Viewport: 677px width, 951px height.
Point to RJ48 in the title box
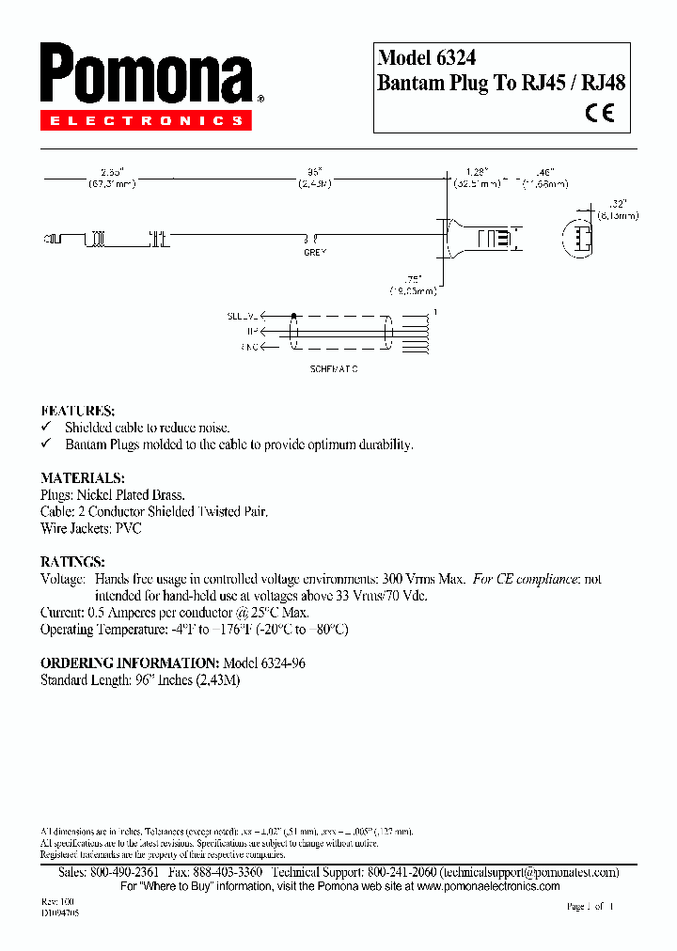point(603,83)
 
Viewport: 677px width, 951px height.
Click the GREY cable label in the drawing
point(314,253)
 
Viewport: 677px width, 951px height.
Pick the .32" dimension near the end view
point(617,203)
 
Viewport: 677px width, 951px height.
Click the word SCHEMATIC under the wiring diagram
point(334,368)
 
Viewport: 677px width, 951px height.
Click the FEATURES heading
point(78,411)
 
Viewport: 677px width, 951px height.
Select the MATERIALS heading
point(83,477)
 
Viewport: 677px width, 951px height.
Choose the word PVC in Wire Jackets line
point(127,529)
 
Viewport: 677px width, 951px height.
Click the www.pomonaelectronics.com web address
point(488,886)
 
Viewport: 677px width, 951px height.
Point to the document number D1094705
point(59,912)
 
